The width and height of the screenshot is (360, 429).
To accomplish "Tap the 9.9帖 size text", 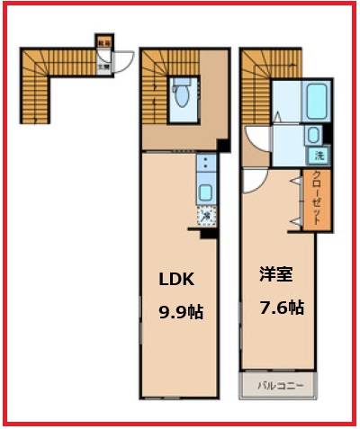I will click(x=181, y=312).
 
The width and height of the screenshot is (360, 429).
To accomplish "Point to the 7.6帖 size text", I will click(x=282, y=308).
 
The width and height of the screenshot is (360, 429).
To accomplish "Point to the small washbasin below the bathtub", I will click(x=313, y=135).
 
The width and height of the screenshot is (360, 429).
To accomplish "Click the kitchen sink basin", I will click(x=206, y=192).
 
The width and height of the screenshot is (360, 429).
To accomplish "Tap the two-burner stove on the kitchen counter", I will click(x=206, y=165).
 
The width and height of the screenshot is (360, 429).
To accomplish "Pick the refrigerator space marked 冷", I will click(x=207, y=216).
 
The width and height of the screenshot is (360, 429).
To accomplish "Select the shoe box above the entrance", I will click(x=104, y=41).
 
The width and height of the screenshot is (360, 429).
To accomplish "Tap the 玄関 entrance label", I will click(x=104, y=64).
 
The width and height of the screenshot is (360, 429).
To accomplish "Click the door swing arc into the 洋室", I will click(x=252, y=177).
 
